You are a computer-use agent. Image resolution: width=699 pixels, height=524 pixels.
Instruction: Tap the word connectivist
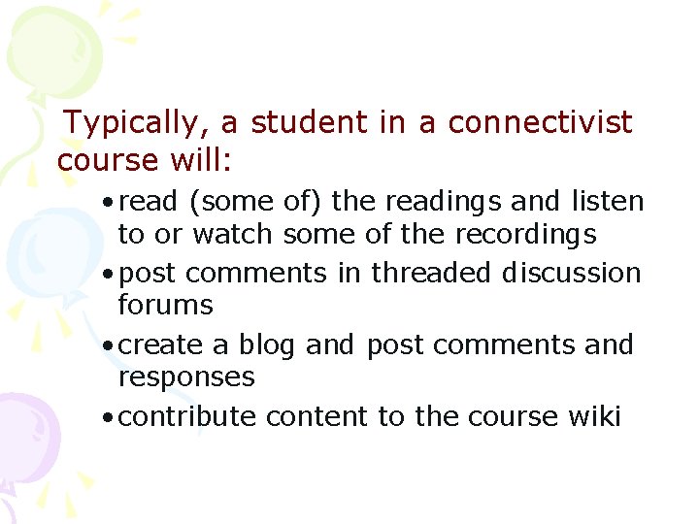[x=540, y=123]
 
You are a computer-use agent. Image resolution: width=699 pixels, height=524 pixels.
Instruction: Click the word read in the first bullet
[x=150, y=202]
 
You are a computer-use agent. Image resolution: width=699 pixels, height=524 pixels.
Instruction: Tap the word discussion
[x=571, y=273]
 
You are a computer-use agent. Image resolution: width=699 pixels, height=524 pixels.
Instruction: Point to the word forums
[x=165, y=305]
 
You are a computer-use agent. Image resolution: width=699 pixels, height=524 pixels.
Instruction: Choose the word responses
[x=186, y=377]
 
